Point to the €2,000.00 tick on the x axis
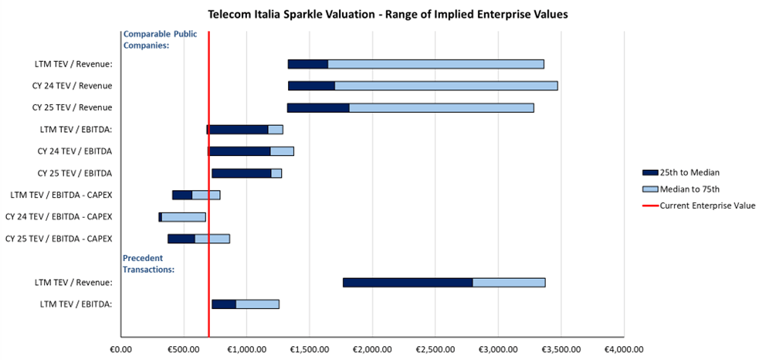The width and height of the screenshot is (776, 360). coord(372,348)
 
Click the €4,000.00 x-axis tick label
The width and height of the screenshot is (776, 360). coord(624,348)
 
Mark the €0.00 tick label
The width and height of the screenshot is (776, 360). coord(121,348)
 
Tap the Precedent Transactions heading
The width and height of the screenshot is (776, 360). coord(149,264)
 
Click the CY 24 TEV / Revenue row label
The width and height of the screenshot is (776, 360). coord(72,85)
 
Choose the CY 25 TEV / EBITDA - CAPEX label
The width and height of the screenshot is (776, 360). coord(59,238)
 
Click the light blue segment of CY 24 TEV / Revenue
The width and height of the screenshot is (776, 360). coord(446,85)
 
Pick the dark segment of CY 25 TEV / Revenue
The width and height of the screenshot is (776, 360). coord(318,107)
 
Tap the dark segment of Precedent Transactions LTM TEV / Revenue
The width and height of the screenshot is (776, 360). coord(408,283)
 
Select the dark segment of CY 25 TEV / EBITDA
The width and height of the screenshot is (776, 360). coord(242,173)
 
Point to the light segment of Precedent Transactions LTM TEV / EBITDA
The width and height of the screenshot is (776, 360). coord(257,304)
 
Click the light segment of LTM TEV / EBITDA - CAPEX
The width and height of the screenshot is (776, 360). coord(206,195)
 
